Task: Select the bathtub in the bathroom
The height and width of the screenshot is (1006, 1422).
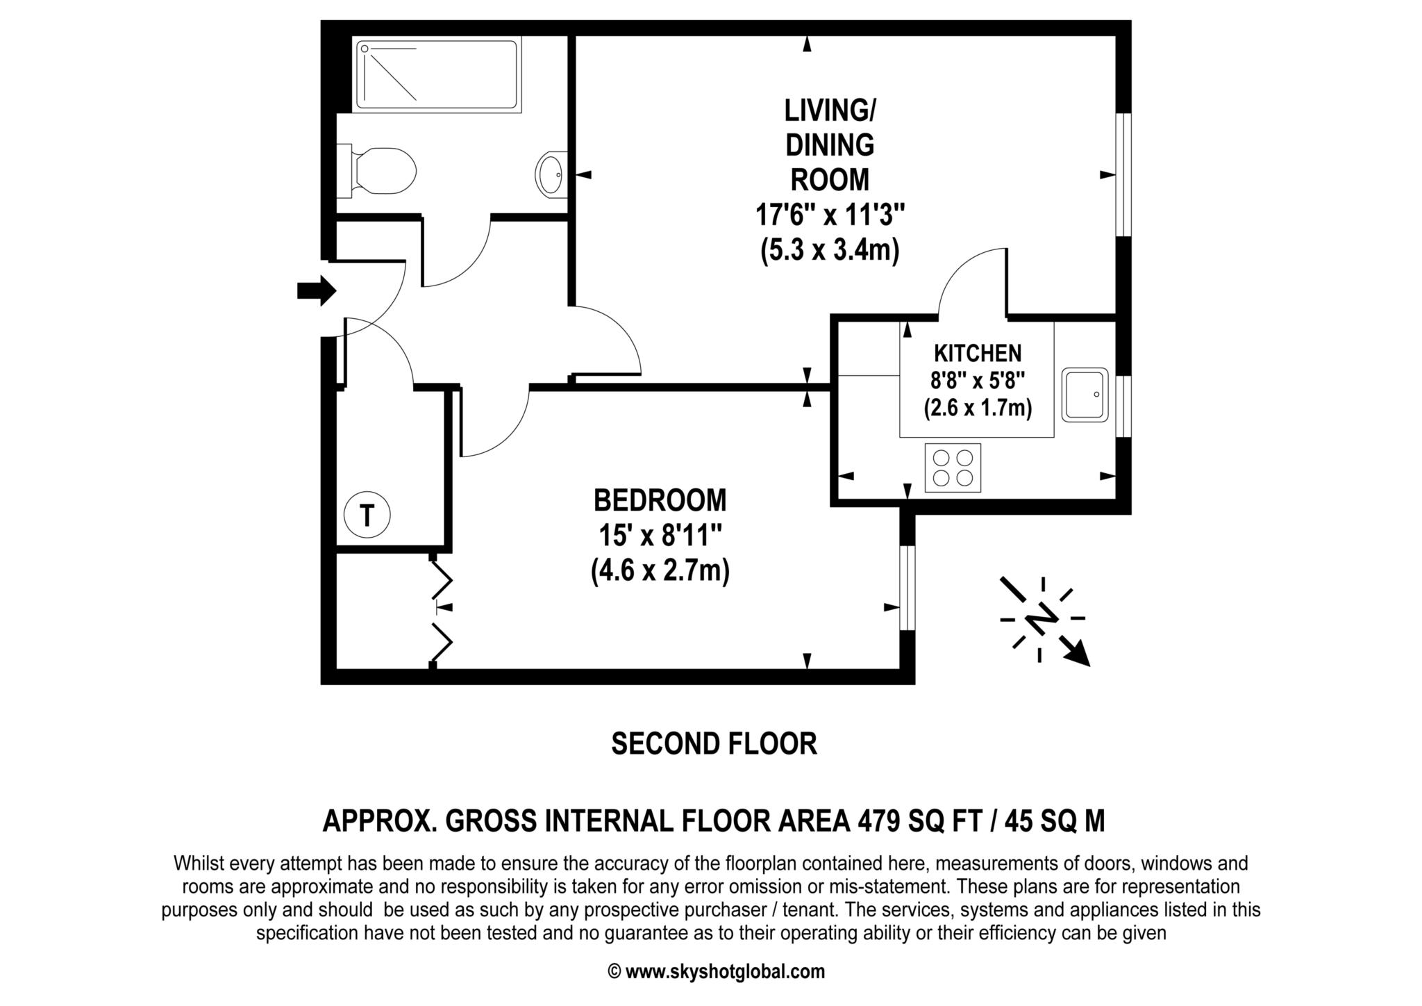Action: point(437,76)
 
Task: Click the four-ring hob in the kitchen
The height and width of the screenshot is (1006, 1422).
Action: point(953,468)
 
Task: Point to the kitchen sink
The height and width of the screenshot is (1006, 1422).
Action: point(1085,394)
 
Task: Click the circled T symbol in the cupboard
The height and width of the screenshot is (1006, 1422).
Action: point(367,516)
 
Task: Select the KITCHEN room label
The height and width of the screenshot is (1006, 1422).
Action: point(977,354)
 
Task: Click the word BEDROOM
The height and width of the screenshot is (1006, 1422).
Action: point(660,500)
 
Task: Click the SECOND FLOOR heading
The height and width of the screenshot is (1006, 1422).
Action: point(714,744)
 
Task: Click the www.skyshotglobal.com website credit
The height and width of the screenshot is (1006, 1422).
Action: point(725,971)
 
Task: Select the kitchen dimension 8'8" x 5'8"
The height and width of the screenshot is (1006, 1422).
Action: point(978,381)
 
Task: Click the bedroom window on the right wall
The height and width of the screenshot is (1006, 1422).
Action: point(907,588)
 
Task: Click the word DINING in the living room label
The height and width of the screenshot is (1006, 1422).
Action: point(830,145)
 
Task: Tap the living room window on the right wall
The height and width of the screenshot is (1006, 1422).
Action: point(1123,175)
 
